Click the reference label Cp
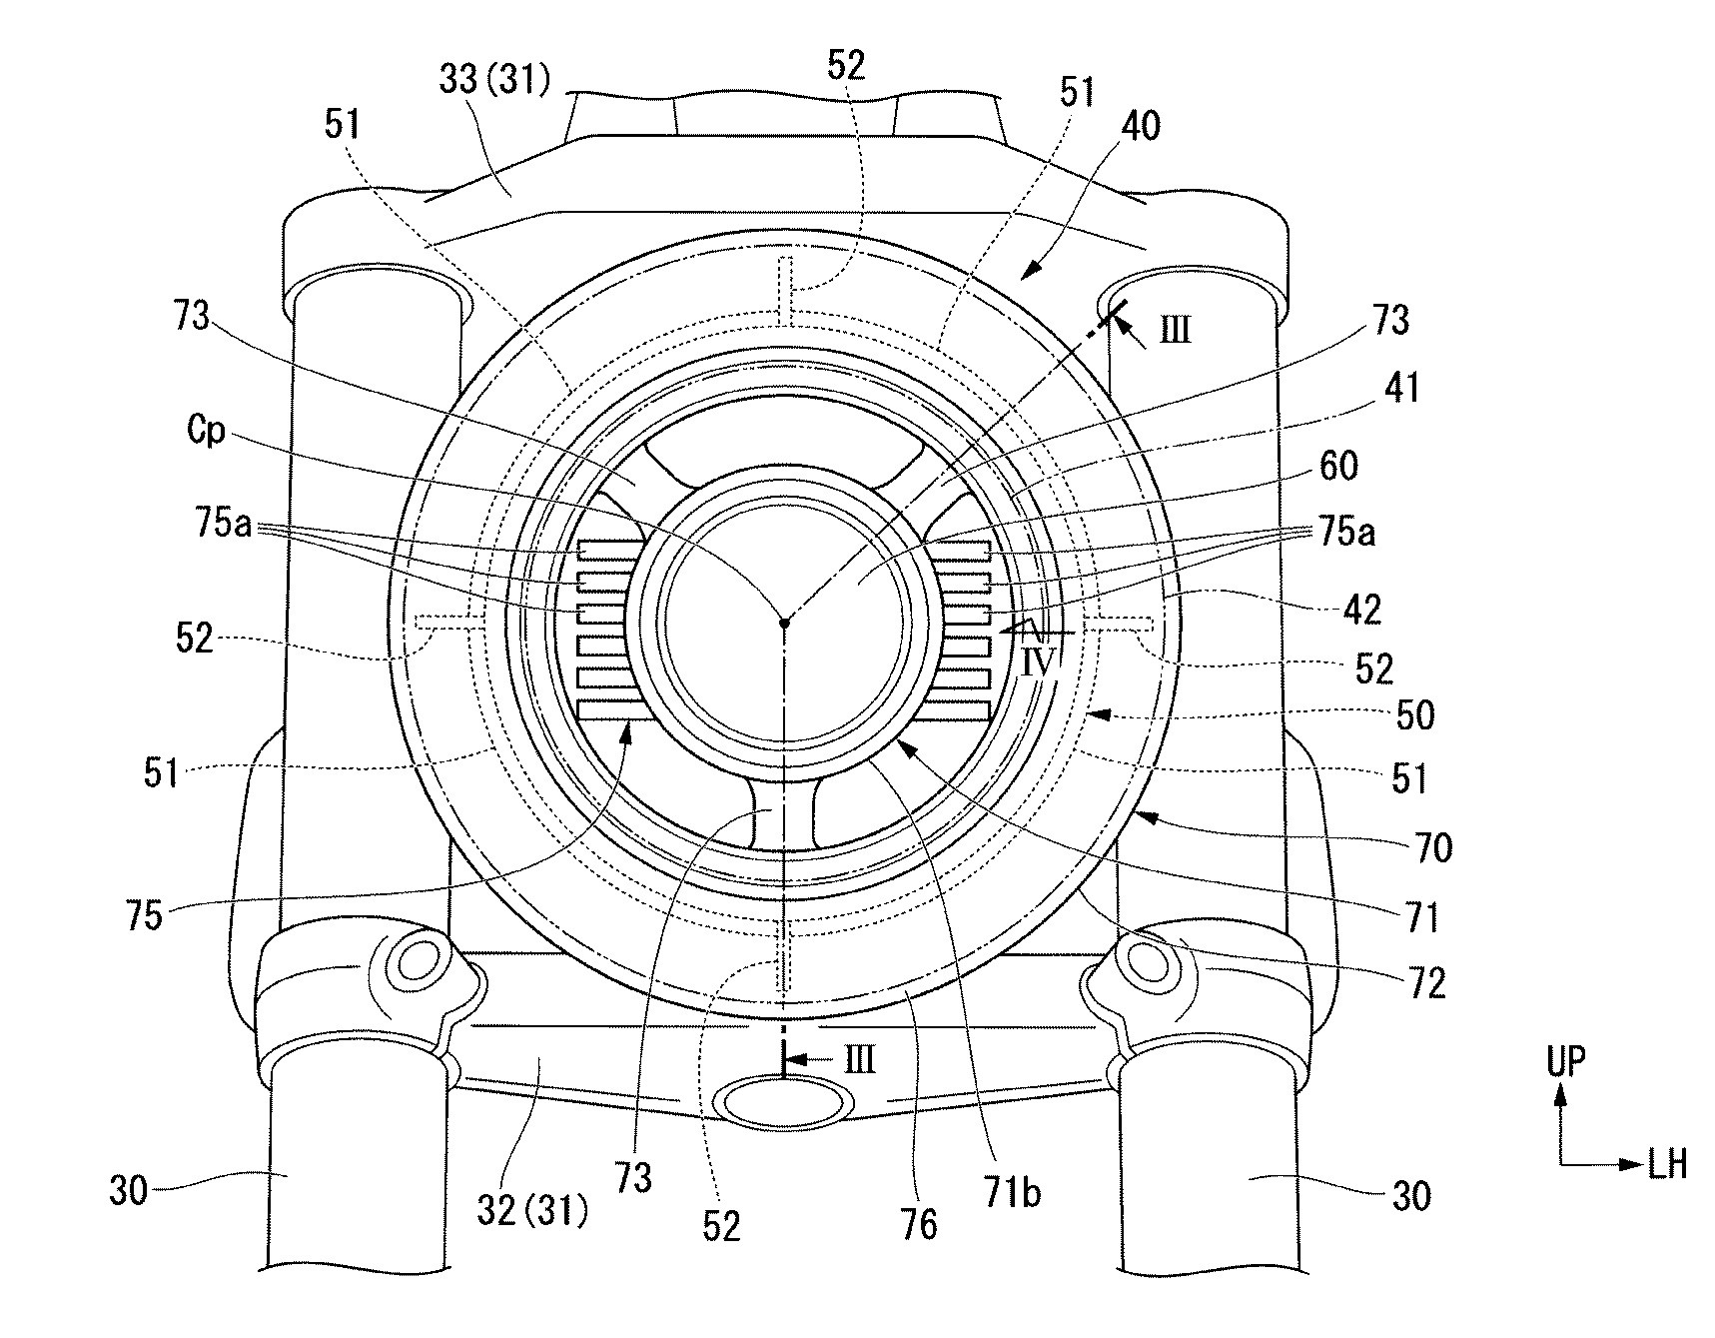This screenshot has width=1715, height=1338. click(207, 434)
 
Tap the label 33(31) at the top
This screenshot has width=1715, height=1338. click(495, 80)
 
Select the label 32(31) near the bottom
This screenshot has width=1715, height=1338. click(530, 1211)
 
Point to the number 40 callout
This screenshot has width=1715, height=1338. click(1142, 126)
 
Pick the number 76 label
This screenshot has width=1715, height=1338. click(919, 1224)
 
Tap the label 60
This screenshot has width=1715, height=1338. click(1339, 466)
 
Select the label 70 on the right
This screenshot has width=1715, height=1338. click(1432, 848)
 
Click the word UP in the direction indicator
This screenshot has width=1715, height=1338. click(1565, 1061)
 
